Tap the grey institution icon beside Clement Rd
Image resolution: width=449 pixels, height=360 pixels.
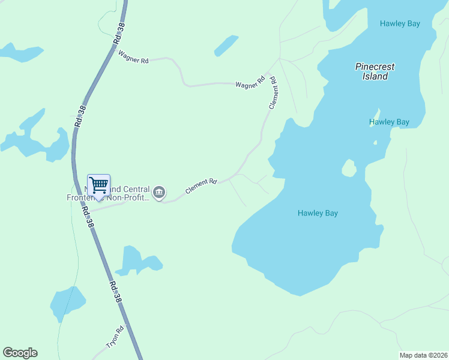[x=159, y=193]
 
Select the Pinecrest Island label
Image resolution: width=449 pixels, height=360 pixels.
[x=371, y=71]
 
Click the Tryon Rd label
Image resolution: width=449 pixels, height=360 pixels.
[x=115, y=337]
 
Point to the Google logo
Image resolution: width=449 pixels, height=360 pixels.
[x=20, y=353]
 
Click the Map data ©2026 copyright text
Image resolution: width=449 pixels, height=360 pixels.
[x=423, y=355]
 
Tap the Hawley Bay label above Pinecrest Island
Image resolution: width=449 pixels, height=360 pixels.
[x=400, y=23]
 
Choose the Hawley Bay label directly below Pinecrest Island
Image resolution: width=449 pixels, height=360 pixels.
[x=389, y=122]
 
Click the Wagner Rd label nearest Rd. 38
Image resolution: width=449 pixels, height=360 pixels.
[x=133, y=58]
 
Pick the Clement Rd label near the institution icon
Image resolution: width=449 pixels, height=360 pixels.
[x=200, y=186]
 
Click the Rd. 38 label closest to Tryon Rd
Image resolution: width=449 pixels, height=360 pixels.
[x=116, y=292]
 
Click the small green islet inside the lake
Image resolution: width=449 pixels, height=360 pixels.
[x=349, y=169]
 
